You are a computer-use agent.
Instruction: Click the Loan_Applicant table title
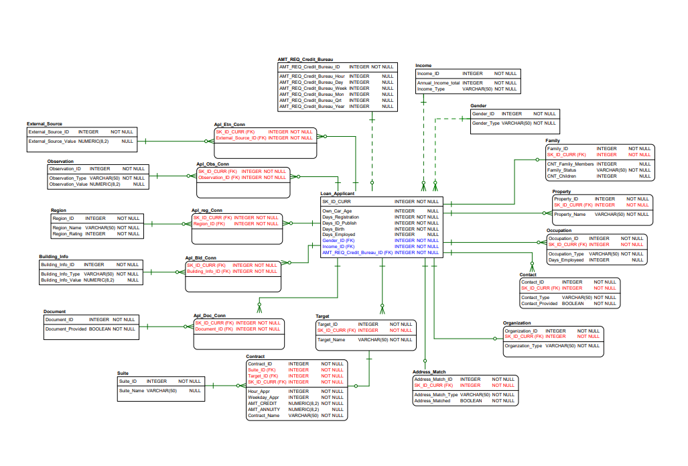(x=338, y=194)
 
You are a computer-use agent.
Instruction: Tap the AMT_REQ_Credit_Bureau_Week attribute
(x=313, y=89)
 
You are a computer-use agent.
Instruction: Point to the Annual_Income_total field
(x=438, y=83)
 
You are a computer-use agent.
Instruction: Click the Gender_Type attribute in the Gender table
(x=486, y=123)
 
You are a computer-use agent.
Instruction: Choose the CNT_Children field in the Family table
(x=563, y=176)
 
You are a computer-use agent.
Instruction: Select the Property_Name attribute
(x=569, y=215)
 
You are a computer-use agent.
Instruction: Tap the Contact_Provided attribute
(x=539, y=304)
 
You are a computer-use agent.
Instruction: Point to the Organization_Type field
(x=523, y=346)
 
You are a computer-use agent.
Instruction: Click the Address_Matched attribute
(x=432, y=401)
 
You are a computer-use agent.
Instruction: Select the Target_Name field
(x=331, y=340)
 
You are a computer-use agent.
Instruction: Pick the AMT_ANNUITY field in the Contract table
(x=263, y=410)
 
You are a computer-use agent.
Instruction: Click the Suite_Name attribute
(x=131, y=390)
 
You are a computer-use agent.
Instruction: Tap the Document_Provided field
(x=66, y=329)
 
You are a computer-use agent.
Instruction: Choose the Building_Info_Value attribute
(x=60, y=280)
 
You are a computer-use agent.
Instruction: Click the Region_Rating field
(x=67, y=234)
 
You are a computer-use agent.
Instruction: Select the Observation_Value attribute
(x=68, y=184)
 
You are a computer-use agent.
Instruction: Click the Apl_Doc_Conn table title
(x=210, y=316)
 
